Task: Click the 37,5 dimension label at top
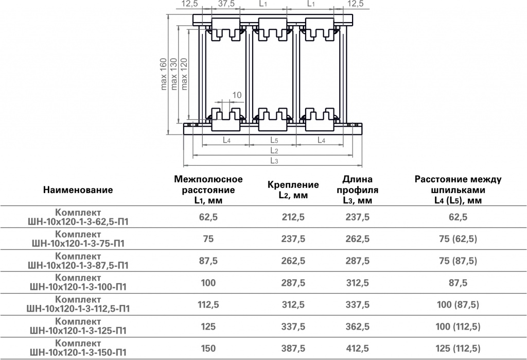pos(226,4)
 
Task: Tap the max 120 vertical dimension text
pos(184,74)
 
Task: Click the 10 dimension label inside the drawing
pos(237,95)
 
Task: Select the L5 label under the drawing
pos(274,140)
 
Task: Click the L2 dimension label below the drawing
pos(274,150)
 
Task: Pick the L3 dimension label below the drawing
pos(274,161)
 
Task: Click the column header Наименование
pos(78,190)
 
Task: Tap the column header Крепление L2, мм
pos(293,190)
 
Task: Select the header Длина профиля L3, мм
pos(358,190)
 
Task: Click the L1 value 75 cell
pos(208,239)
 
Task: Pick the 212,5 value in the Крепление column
pos(293,217)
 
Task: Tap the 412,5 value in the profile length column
pos(358,348)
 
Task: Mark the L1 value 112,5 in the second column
pos(208,304)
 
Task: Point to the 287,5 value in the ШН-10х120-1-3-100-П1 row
pos(293,283)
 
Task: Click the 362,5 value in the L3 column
pos(358,327)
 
